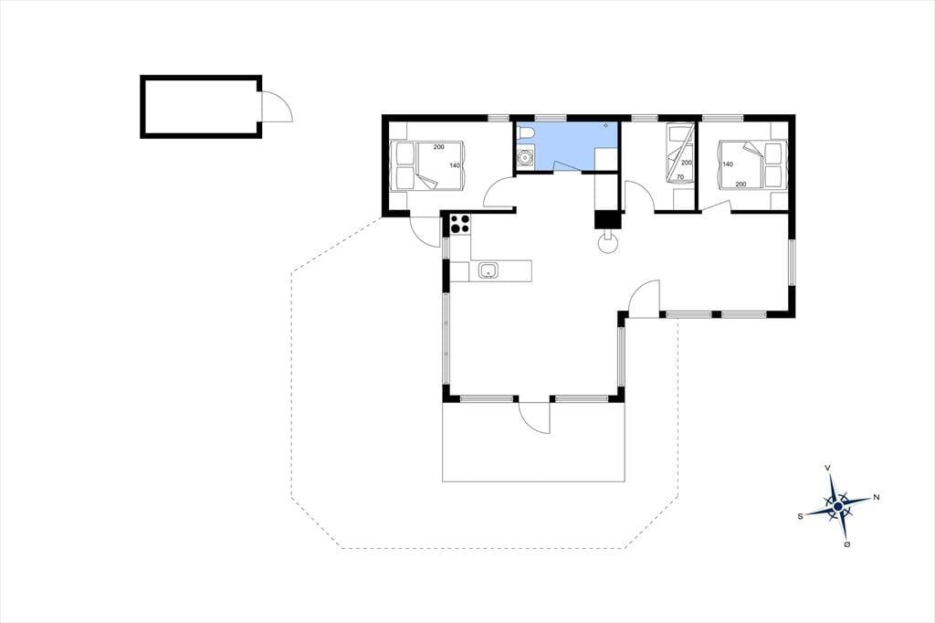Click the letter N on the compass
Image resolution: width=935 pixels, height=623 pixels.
coord(876,497)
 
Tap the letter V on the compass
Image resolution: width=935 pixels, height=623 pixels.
coord(827,468)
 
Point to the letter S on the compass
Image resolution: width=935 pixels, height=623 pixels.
coord(800,517)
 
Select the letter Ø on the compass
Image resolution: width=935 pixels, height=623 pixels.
coord(846,544)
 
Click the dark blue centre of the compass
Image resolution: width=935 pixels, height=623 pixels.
coord(838,507)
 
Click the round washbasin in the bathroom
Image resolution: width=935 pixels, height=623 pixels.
coord(525,158)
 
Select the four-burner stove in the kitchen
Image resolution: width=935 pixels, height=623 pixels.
coord(460,224)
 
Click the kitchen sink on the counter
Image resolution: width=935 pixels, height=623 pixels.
coord(489,271)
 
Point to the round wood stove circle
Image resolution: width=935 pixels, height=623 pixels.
coord(608,243)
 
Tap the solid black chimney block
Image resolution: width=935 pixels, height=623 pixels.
coord(608,220)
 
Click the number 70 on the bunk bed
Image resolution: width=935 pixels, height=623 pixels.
coord(680,176)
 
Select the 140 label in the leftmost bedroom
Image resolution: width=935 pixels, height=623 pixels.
coord(455,165)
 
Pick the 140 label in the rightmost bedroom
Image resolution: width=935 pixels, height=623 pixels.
coord(728,164)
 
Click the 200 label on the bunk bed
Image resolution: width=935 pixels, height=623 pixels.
coord(687,163)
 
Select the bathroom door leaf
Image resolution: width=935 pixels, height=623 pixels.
coord(569,165)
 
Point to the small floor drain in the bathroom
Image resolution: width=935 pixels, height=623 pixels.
coord(606,125)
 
